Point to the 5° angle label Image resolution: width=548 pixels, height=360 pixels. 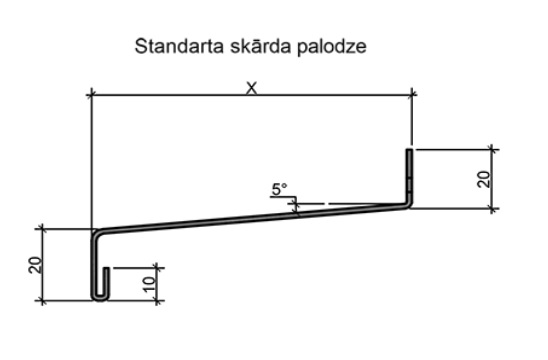pos(278,188)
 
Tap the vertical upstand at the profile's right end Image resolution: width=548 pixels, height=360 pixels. pos(410,175)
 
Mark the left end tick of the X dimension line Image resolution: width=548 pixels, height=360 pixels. pos(91,95)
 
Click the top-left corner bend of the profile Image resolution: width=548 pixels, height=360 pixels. pos(94,234)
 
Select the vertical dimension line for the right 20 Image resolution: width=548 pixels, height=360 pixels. pos(492,178)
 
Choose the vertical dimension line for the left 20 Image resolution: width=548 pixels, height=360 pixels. pos(43,264)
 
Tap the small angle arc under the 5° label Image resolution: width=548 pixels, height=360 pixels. pos(296,206)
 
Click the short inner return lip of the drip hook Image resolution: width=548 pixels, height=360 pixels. pos(106,283)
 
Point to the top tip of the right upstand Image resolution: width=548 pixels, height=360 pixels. pos(410,150)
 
